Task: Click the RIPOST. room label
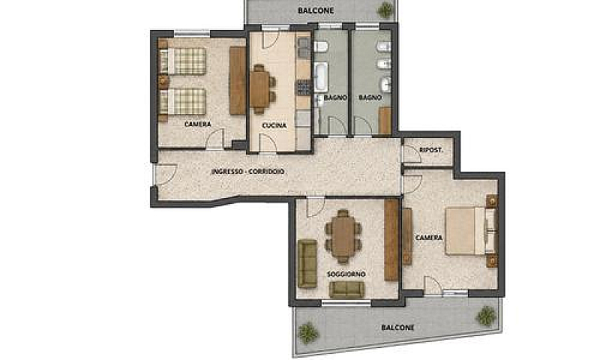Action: [430, 150]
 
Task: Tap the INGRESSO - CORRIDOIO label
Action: [248, 172]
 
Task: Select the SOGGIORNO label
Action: [346, 274]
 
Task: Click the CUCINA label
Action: [274, 125]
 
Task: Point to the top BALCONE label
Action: [316, 10]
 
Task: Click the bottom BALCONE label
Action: [398, 328]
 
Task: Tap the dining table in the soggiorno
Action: [343, 236]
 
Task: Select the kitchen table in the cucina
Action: [260, 89]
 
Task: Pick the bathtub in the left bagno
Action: [321, 77]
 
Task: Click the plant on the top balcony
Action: [385, 10]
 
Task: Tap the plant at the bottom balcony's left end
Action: [307, 332]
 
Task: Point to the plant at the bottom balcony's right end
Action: [486, 315]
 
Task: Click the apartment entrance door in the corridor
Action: [165, 175]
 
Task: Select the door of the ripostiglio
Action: [411, 154]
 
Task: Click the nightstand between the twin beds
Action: [163, 81]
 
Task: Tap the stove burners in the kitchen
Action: [304, 88]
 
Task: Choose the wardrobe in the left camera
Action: [238, 80]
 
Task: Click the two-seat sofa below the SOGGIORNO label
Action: [346, 290]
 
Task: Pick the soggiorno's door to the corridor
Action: [316, 206]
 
